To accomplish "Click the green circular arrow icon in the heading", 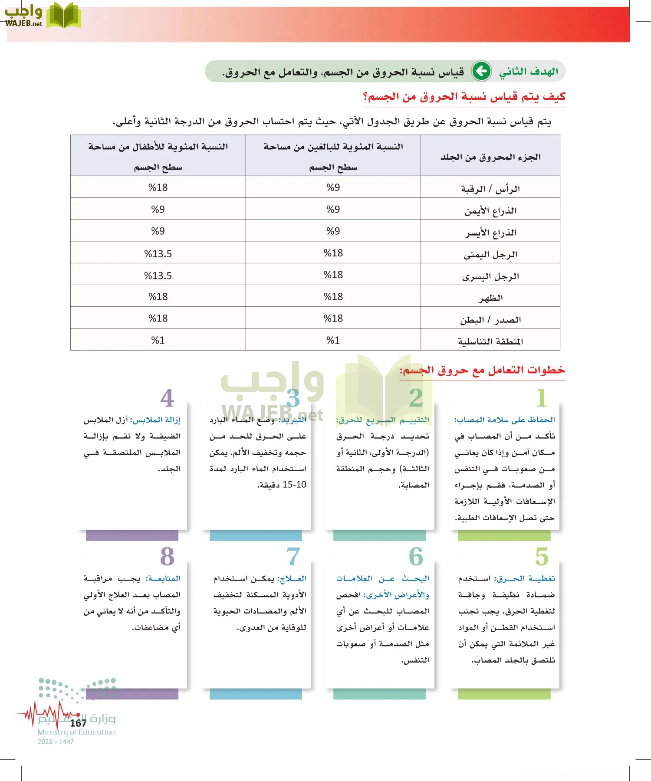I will click(x=481, y=71).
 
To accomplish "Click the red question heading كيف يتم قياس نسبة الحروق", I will click(x=464, y=97).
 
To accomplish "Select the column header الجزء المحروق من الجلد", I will click(x=490, y=157).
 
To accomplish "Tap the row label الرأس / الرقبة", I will click(x=490, y=189).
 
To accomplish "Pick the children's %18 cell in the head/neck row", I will click(x=158, y=187).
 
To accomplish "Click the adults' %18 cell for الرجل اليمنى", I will click(x=333, y=253).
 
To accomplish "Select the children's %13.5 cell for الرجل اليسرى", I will click(x=158, y=276).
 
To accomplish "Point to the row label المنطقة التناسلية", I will click(x=490, y=341).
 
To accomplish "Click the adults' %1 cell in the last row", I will click(x=333, y=340).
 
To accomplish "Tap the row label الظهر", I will click(x=490, y=298).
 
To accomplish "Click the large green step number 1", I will click(x=541, y=398).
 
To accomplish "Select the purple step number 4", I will click(x=167, y=398).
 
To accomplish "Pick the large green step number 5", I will click(x=541, y=556).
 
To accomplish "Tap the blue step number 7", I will click(x=293, y=556).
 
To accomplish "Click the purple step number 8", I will click(x=167, y=556).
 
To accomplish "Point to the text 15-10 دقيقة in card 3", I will click(x=282, y=485).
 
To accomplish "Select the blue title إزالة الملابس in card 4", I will click(x=156, y=420).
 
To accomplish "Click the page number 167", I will click(x=78, y=723).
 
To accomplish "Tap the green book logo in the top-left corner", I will click(x=63, y=16).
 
